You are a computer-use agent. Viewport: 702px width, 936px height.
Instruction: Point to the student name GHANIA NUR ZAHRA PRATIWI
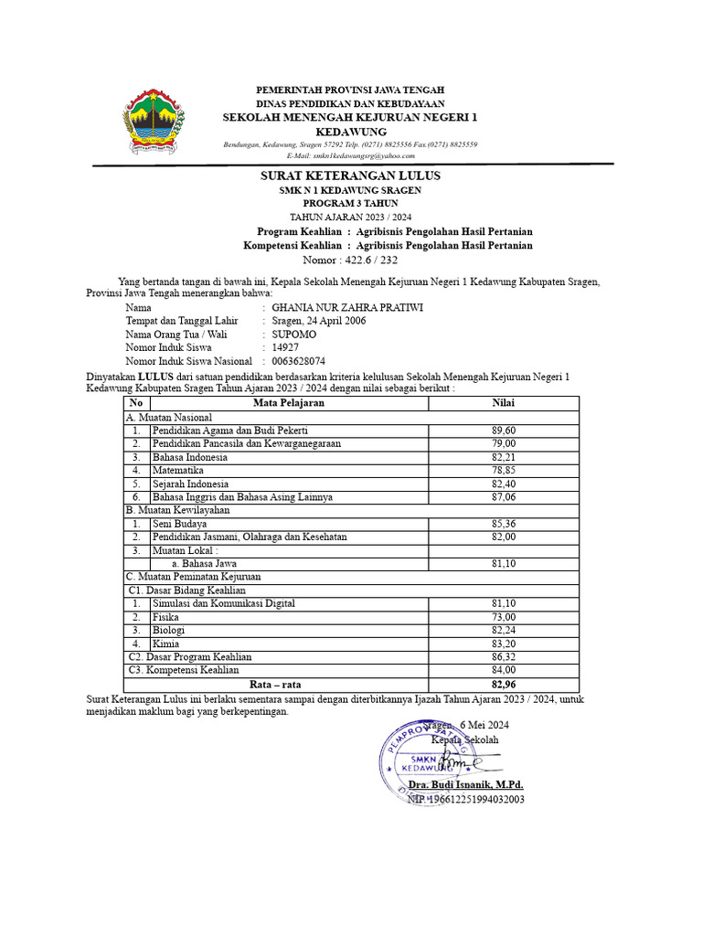coord(341,308)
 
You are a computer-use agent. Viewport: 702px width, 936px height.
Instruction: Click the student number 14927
coord(287,348)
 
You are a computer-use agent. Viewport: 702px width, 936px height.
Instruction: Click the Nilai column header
coord(504,402)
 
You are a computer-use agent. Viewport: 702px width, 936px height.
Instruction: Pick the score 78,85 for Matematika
coord(504,470)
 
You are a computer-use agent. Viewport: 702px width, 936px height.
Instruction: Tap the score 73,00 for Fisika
coord(504,617)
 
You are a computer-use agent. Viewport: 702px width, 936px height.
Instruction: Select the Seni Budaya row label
coord(179,524)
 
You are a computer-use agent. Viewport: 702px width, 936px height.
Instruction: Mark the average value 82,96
coord(504,684)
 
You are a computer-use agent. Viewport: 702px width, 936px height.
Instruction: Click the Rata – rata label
coord(275,684)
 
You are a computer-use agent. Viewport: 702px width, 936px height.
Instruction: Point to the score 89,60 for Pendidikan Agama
coord(504,430)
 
